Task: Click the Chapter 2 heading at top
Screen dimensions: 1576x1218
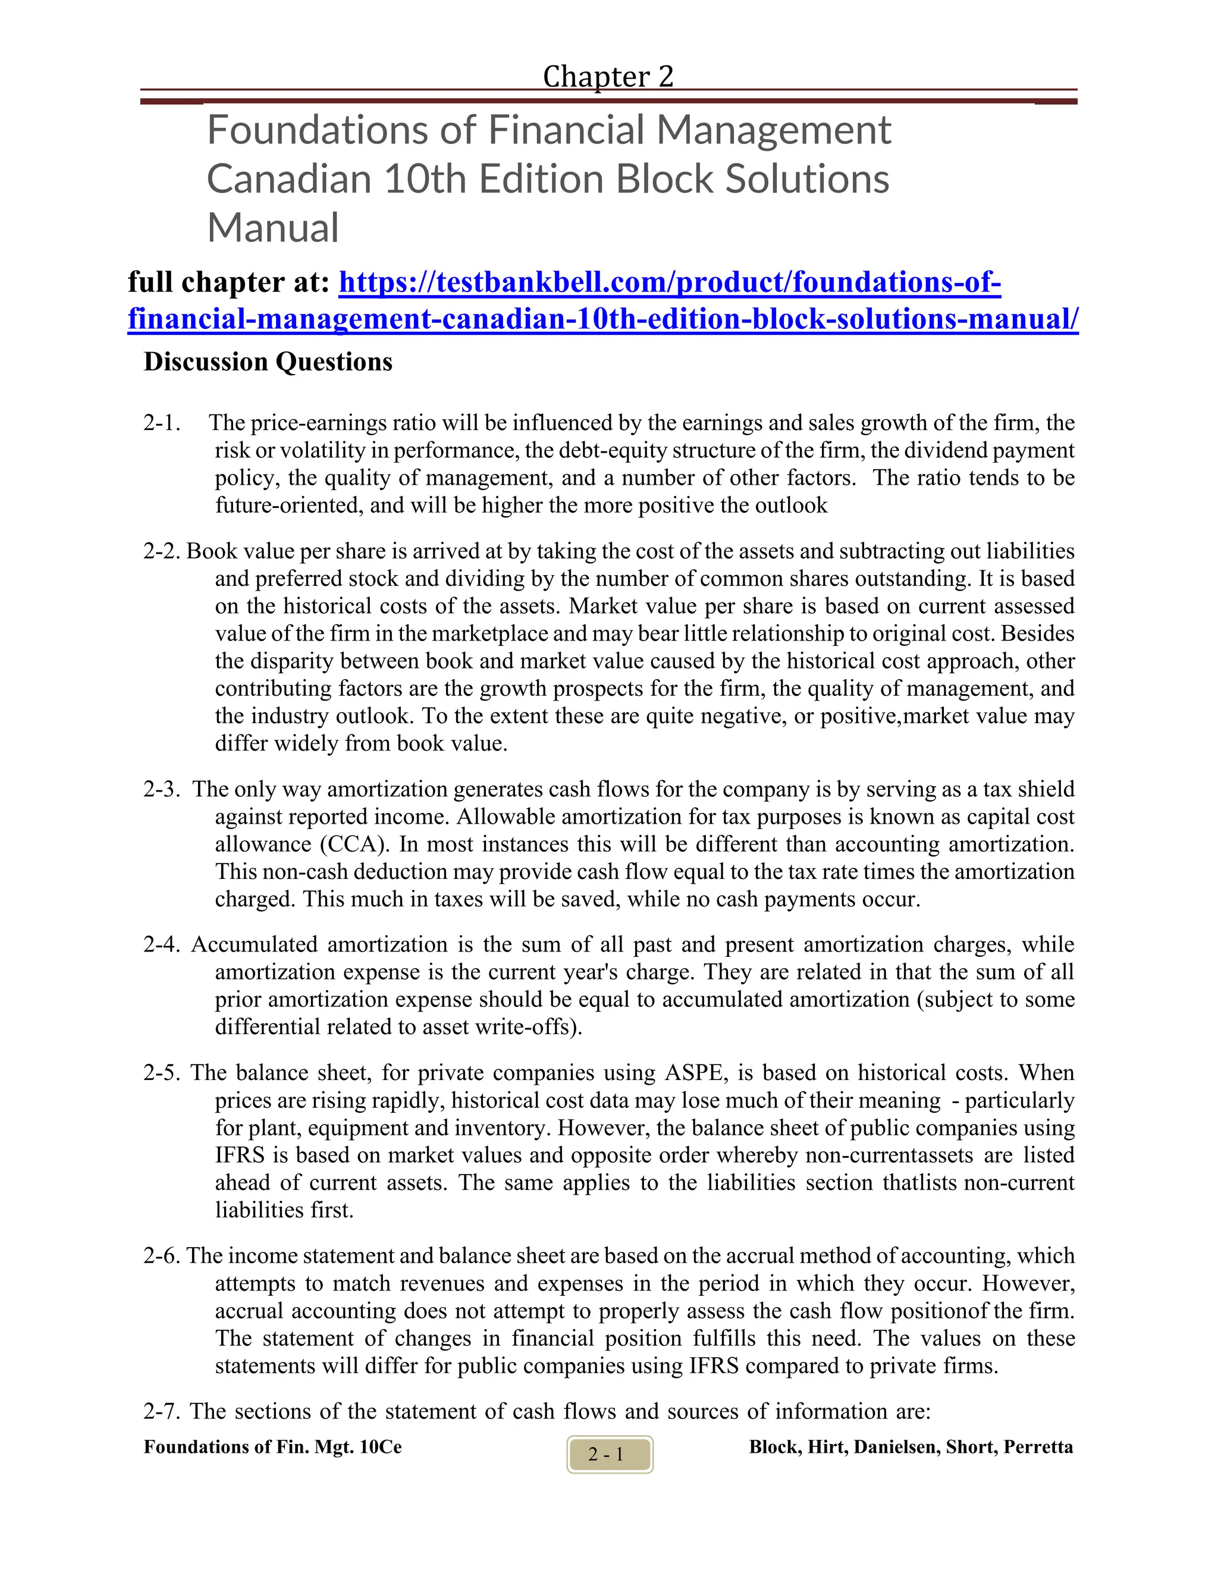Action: tap(608, 77)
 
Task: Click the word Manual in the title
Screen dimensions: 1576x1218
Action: tap(273, 228)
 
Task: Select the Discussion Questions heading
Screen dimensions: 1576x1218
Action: tap(268, 362)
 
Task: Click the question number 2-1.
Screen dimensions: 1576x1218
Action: tap(161, 423)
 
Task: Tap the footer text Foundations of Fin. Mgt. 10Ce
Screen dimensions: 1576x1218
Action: tap(273, 1448)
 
